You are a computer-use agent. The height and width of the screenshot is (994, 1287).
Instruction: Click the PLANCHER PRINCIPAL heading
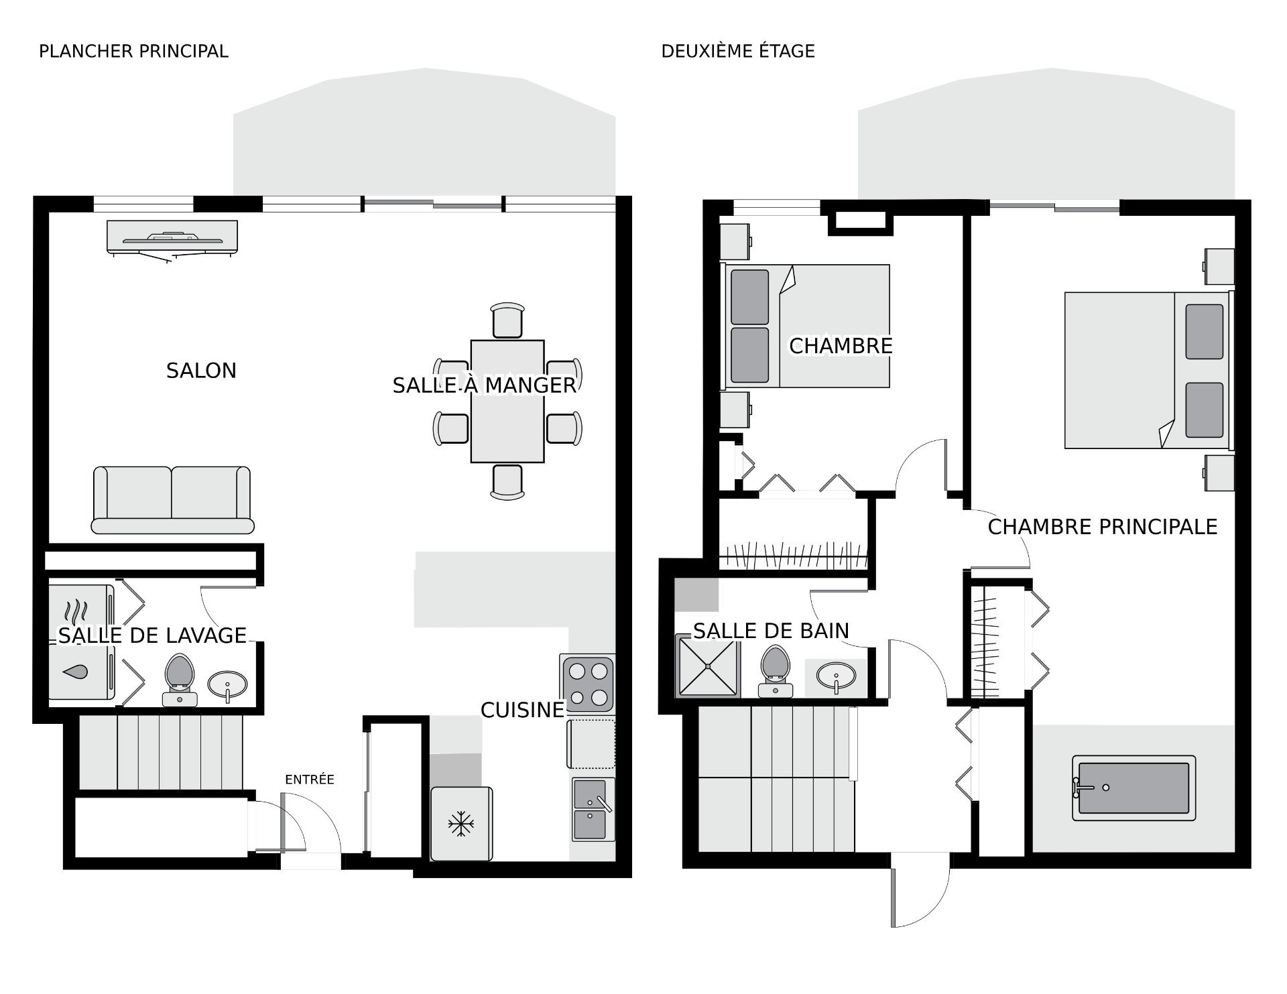point(133,51)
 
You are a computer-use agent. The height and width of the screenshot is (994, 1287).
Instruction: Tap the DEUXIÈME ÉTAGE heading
point(738,51)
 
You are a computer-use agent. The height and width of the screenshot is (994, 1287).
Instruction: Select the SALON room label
point(201,371)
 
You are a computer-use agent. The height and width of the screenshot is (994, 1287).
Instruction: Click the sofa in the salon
point(172,500)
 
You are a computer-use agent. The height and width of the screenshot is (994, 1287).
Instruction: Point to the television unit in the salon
point(172,239)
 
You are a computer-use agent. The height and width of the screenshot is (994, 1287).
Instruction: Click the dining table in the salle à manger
point(507,401)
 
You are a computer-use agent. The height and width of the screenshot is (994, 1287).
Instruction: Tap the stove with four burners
point(588,684)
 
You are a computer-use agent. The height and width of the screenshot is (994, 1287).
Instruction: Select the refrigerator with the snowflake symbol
point(461,824)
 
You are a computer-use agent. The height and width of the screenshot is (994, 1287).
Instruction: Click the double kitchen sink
point(593,809)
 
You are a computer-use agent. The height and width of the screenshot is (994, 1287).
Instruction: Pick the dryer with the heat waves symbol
point(81,612)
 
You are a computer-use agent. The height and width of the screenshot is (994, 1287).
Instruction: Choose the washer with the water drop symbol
point(81,672)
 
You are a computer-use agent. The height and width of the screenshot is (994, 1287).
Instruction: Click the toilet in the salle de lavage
point(180,680)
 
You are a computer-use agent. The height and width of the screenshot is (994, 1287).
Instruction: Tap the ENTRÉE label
point(310,780)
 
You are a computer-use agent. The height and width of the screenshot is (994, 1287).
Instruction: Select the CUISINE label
point(523,710)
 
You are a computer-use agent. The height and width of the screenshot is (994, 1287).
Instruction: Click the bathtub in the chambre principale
point(1134,788)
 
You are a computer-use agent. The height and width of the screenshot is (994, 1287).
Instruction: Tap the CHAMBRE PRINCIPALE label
point(1103,527)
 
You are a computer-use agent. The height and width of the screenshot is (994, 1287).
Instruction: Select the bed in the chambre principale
point(1149,370)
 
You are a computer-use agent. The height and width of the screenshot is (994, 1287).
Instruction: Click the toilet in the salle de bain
point(776,671)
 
